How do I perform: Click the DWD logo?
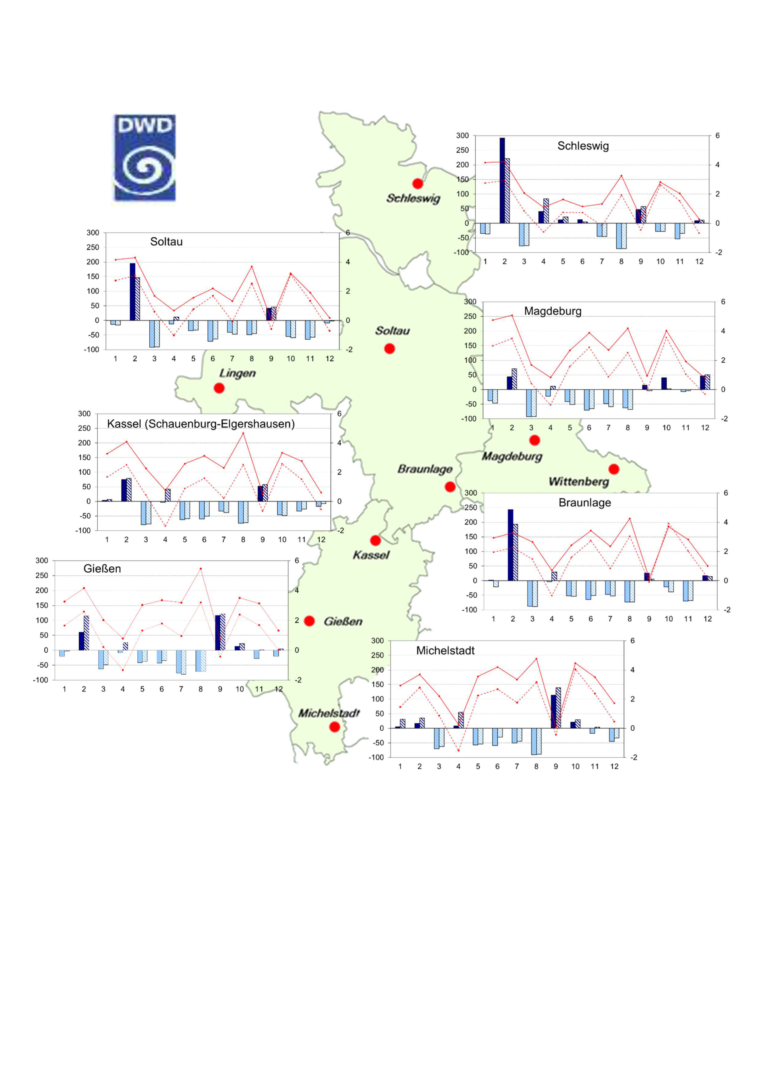(145, 157)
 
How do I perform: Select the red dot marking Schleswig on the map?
(418, 184)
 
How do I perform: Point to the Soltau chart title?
(166, 241)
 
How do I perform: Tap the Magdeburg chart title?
(553, 311)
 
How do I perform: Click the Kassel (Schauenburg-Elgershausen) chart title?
(201, 424)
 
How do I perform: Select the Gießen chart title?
(102, 569)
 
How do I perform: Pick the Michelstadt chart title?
(445, 651)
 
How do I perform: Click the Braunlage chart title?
(585, 502)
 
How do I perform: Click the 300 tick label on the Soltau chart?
(93, 232)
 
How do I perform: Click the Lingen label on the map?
(237, 373)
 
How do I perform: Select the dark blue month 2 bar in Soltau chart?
(132, 292)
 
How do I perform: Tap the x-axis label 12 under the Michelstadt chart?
(615, 766)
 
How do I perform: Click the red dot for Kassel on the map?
(375, 540)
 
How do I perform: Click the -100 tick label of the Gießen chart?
(41, 680)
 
